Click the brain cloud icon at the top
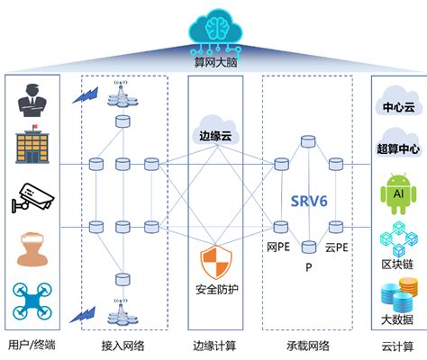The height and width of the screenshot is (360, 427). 213,29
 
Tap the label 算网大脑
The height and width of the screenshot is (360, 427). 213,64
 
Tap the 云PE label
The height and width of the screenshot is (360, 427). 337,247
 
